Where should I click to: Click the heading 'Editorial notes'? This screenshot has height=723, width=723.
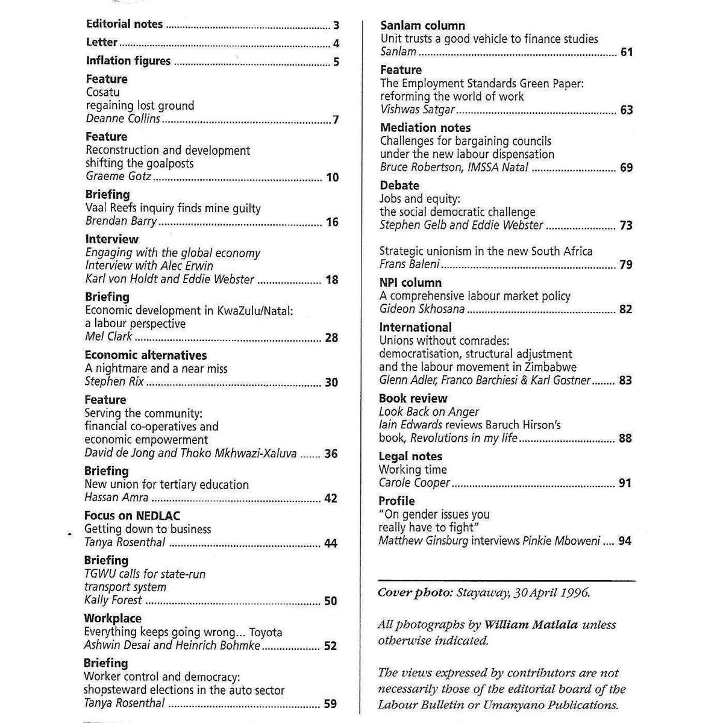[124, 24]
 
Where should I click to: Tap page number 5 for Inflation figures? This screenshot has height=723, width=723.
[336, 61]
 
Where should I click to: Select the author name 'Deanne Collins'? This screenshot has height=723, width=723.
[123, 119]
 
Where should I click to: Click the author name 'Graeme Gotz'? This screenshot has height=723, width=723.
[118, 177]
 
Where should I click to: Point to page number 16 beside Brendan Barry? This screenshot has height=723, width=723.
[332, 222]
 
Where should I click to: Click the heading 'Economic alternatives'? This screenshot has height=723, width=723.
[145, 355]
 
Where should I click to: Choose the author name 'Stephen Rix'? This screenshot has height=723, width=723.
[114, 381]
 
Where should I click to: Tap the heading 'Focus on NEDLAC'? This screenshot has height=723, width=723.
[132, 516]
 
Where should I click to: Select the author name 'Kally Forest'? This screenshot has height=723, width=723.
[113, 600]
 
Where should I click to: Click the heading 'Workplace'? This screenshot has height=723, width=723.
[113, 618]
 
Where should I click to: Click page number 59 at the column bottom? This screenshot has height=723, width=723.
[330, 703]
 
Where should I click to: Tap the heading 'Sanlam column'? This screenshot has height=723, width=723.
[422, 25]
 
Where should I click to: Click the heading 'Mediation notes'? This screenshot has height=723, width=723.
[425, 128]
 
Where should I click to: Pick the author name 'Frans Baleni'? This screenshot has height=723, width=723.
[409, 264]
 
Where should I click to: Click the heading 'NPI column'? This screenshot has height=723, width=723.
[410, 283]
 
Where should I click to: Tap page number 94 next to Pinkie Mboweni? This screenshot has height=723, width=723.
[625, 540]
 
